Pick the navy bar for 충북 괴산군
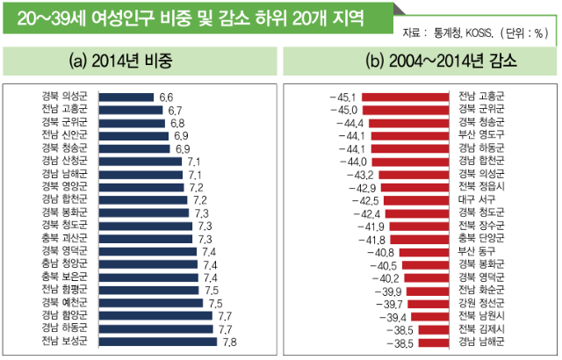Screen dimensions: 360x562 pos(145,239)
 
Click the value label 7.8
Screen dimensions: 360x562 pos(230,342)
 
